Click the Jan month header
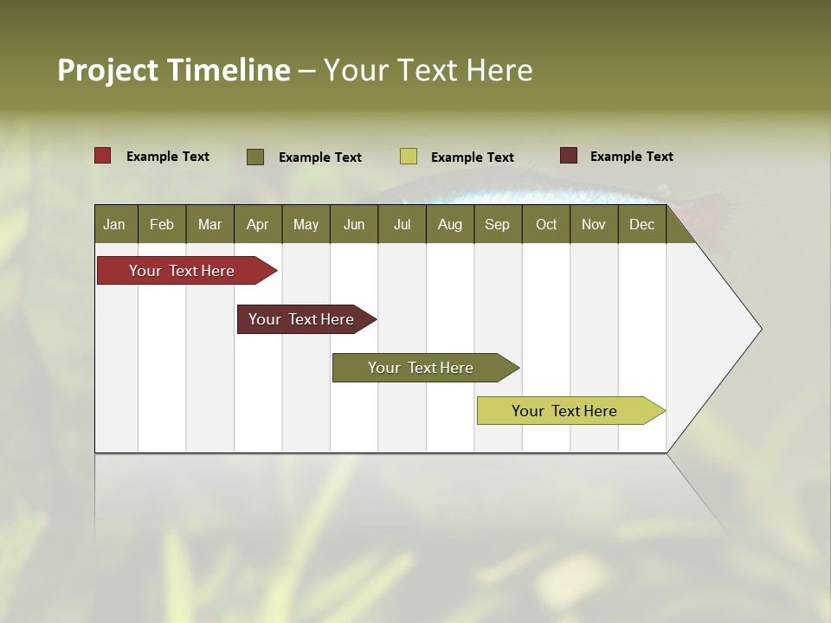(x=115, y=224)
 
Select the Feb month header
(x=162, y=224)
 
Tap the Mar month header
(x=209, y=224)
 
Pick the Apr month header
(x=258, y=224)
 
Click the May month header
(x=306, y=224)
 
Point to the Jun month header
(x=354, y=224)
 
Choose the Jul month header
(x=402, y=224)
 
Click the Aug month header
(x=450, y=224)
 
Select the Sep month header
(x=498, y=224)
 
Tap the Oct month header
(x=546, y=224)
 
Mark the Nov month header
(x=594, y=224)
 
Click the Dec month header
(x=642, y=224)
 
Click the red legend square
(x=103, y=156)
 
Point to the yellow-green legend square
(x=409, y=157)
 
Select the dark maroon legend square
(x=569, y=156)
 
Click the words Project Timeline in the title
(x=173, y=70)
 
